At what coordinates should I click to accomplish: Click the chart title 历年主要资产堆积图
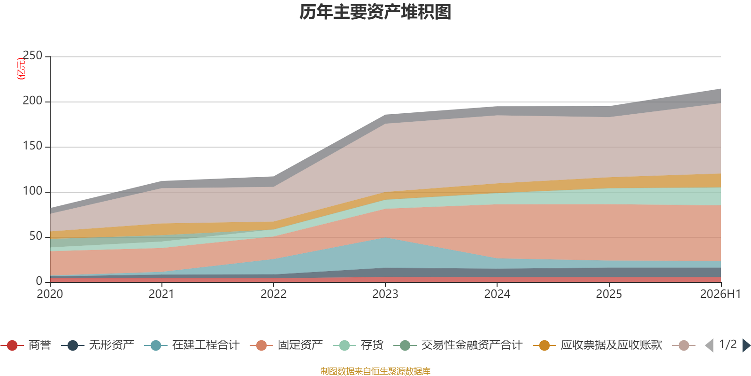tap(375, 12)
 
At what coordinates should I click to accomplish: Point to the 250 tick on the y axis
tap(32, 55)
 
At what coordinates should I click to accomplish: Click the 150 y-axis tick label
tap(32, 146)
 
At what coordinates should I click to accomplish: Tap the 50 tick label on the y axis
tap(36, 236)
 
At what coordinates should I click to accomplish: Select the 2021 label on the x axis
tap(161, 294)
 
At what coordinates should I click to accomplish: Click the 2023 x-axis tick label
tap(385, 294)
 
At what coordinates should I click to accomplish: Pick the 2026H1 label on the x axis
tap(720, 294)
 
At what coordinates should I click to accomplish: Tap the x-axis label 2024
tap(497, 294)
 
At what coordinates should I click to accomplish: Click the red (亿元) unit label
tap(21, 69)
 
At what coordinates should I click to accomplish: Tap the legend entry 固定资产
tap(286, 345)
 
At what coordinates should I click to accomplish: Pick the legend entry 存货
tap(359, 345)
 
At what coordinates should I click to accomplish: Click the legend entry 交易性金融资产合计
tap(458, 345)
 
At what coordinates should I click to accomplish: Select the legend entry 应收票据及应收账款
tap(598, 345)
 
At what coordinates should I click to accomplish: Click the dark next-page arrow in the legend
tap(746, 345)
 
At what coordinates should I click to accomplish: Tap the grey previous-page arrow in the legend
tap(709, 345)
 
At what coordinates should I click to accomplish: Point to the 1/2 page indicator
tap(728, 345)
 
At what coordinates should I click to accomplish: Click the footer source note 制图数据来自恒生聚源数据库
tap(375, 371)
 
